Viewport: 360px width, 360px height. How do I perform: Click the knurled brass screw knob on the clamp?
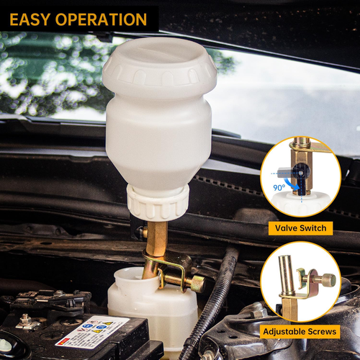(x=194, y=283)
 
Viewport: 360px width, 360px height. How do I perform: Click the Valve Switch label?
(x=302, y=228)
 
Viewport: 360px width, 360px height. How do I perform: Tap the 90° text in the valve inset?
(x=278, y=187)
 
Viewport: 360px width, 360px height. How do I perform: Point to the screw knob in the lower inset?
(x=328, y=280)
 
